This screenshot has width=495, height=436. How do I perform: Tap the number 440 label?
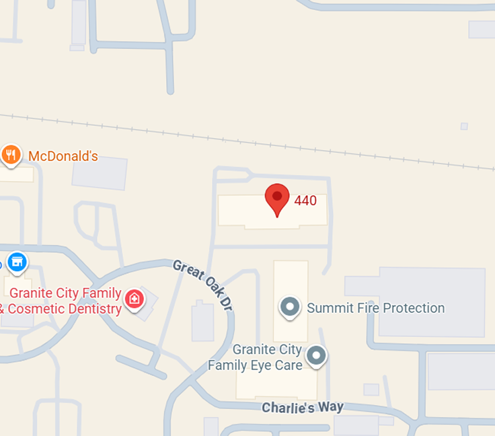tap(305, 201)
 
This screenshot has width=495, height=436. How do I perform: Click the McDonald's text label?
tap(63, 157)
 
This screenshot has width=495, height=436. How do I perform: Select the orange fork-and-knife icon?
tap(10, 155)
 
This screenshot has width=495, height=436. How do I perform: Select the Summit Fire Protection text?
tap(375, 308)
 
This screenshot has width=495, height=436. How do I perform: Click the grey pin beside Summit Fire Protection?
tap(290, 307)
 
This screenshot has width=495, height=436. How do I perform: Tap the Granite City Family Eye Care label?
tap(255, 358)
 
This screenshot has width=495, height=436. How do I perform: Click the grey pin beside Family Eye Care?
tap(316, 355)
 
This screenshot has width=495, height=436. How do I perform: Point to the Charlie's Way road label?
tap(302, 407)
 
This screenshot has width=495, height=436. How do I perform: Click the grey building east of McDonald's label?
tap(100, 172)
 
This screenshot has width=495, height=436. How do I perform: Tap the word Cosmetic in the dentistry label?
tap(40, 310)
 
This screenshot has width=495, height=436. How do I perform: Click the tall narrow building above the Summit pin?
tap(291, 279)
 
